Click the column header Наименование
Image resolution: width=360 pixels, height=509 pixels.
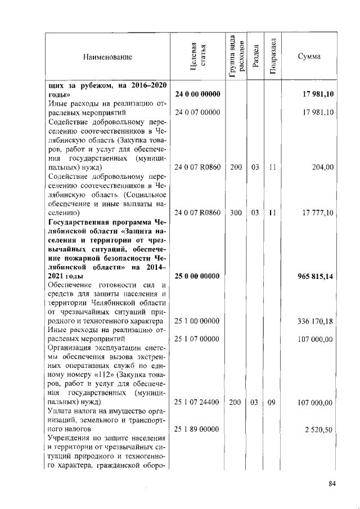107,57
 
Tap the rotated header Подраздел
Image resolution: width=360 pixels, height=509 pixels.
272,57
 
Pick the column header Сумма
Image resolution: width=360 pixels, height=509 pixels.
309,57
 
